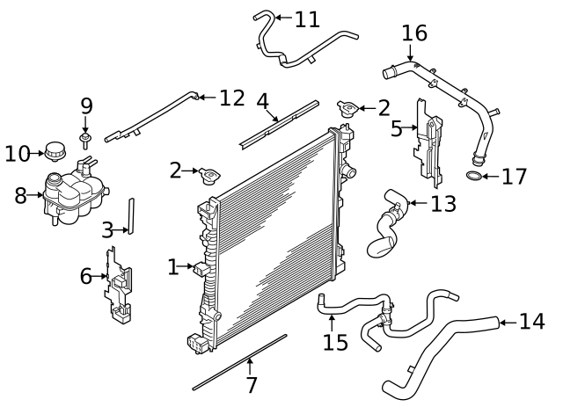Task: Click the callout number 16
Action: pos(414,33)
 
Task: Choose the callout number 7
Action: pos(252,385)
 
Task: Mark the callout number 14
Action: pos(531,322)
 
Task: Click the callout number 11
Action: pos(308,18)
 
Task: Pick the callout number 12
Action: pos(231,98)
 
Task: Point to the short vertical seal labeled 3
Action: pos(131,216)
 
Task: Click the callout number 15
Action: pos(335,341)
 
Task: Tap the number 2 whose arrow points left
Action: pos(384,108)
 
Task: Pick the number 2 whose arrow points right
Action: pos(176,170)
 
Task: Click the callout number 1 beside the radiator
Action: pos(173,265)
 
